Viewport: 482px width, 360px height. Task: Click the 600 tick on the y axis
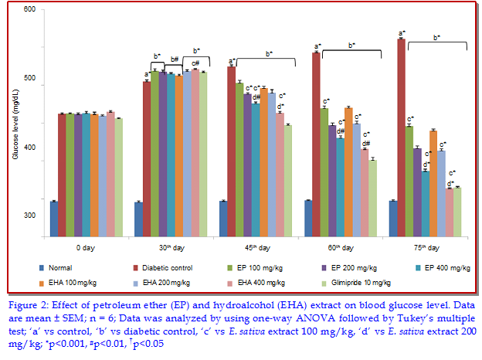pos(29,9)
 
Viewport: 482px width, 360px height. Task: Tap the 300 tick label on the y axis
pos(29,216)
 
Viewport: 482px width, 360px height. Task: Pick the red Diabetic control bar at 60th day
pos(317,142)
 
